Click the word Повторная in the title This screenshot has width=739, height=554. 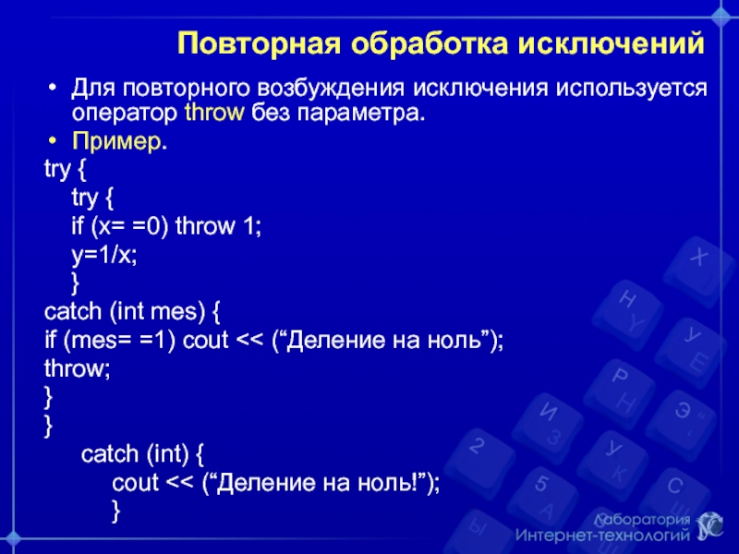[260, 44]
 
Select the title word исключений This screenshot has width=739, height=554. [612, 43]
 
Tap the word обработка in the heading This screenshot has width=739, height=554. [430, 43]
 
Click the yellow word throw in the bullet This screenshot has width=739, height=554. [214, 113]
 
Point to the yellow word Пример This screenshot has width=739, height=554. [116, 141]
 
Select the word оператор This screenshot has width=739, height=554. [125, 114]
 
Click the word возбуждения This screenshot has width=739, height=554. [332, 89]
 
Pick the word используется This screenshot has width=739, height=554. [631, 89]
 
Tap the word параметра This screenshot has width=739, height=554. [358, 114]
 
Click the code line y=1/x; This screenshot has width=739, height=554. [104, 256]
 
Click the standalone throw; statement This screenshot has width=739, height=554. [78, 367]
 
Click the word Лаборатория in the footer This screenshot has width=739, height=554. [642, 520]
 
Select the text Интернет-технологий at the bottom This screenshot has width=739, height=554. [602, 536]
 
